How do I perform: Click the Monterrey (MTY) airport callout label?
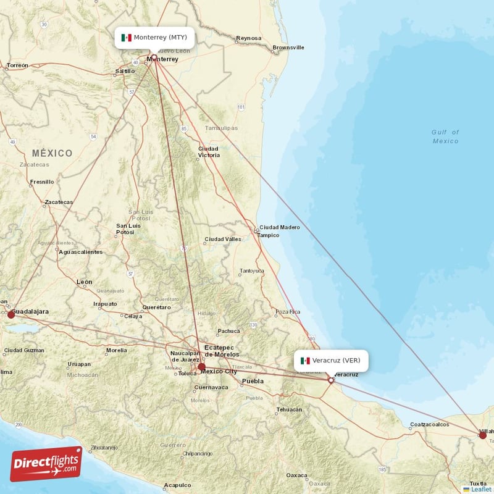[154, 38]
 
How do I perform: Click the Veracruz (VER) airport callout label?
[332, 361]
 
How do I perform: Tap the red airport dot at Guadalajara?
[11, 315]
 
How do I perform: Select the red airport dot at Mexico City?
[201, 367]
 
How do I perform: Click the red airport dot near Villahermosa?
[482, 435]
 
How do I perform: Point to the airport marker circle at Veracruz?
[331, 380]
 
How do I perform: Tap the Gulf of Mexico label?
[445, 136]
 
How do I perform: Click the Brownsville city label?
[288, 48]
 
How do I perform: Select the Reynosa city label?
[248, 39]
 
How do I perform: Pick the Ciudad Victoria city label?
[209, 152]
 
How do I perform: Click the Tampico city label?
[269, 235]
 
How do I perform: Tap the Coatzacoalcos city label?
[430, 424]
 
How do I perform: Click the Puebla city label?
[252, 381]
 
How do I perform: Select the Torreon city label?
[17, 65]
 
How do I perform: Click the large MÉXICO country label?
[52, 153]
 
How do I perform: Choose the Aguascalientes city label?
[80, 252]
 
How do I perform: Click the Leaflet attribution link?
[480, 489]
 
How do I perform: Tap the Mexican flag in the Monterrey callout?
[127, 38]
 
